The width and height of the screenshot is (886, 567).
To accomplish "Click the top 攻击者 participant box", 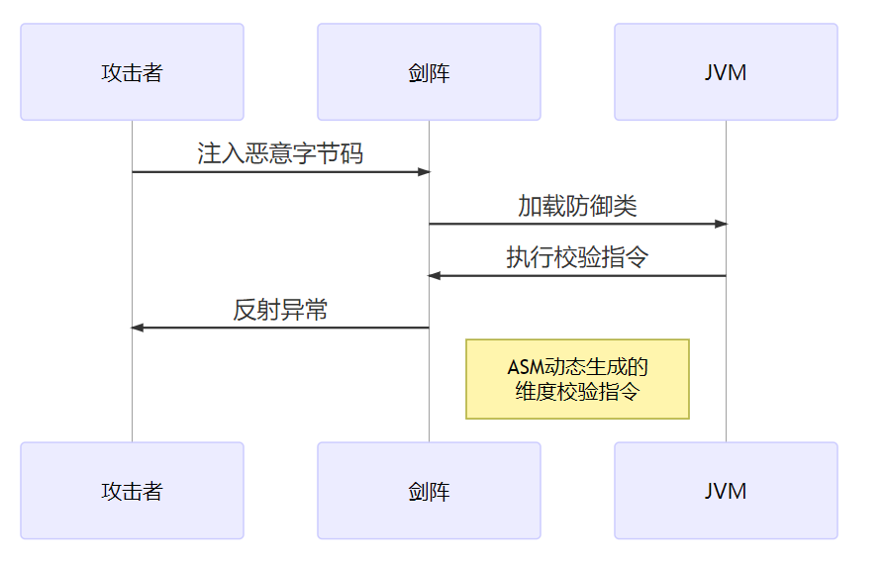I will click(132, 72).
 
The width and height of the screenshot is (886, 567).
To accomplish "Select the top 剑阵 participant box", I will click(429, 72).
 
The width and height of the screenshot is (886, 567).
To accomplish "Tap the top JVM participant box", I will click(726, 72).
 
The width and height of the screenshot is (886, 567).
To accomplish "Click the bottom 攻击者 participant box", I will click(132, 491).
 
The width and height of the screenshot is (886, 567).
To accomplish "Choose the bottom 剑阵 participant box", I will click(429, 491).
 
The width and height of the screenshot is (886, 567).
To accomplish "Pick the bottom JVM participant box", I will click(726, 491).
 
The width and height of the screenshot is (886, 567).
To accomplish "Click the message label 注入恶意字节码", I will click(280, 154).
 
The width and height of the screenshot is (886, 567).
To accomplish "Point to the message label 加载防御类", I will click(577, 206).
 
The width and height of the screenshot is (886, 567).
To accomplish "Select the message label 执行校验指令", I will click(577, 258).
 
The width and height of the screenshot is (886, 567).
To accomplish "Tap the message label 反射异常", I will click(280, 310).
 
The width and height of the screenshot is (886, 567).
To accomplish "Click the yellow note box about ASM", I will click(577, 379).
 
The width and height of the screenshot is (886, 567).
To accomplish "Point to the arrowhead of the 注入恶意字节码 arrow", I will click(424, 172).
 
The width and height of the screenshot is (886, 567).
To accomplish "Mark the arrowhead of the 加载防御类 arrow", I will click(721, 224).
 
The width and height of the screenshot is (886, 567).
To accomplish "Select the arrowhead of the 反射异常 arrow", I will click(138, 328).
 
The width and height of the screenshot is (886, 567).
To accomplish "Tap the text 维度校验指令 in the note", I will click(577, 392).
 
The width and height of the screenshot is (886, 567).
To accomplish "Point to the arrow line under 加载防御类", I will click(577, 224).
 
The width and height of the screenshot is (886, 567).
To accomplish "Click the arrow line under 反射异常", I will click(280, 328).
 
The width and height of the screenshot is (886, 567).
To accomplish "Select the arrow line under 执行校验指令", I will click(577, 276).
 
